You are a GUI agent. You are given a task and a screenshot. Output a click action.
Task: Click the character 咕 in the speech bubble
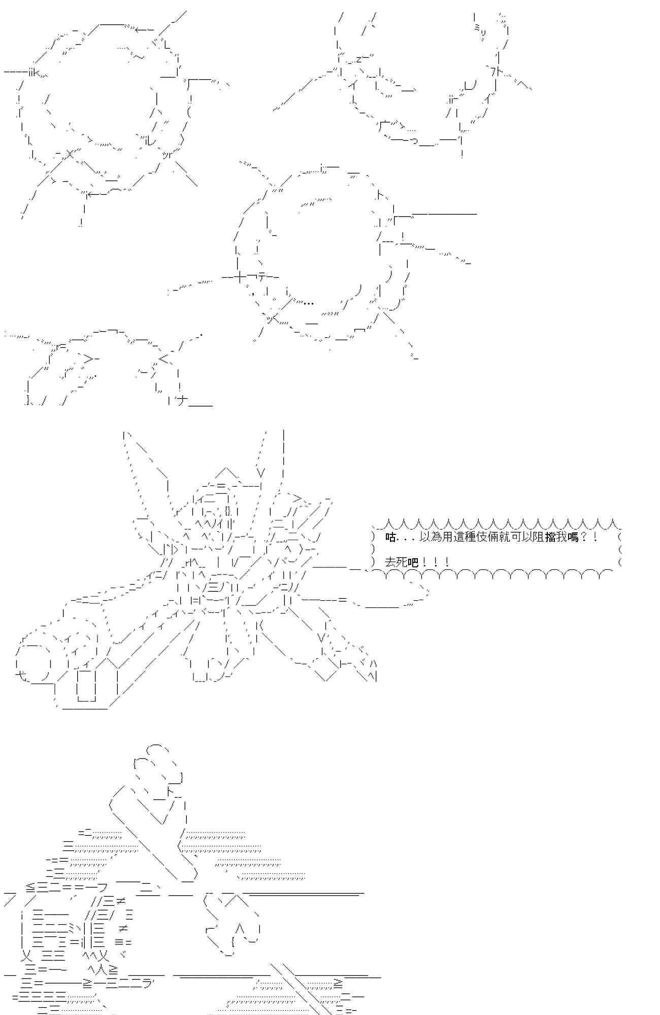(390, 537)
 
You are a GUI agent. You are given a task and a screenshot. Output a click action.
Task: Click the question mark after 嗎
(583, 537)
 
